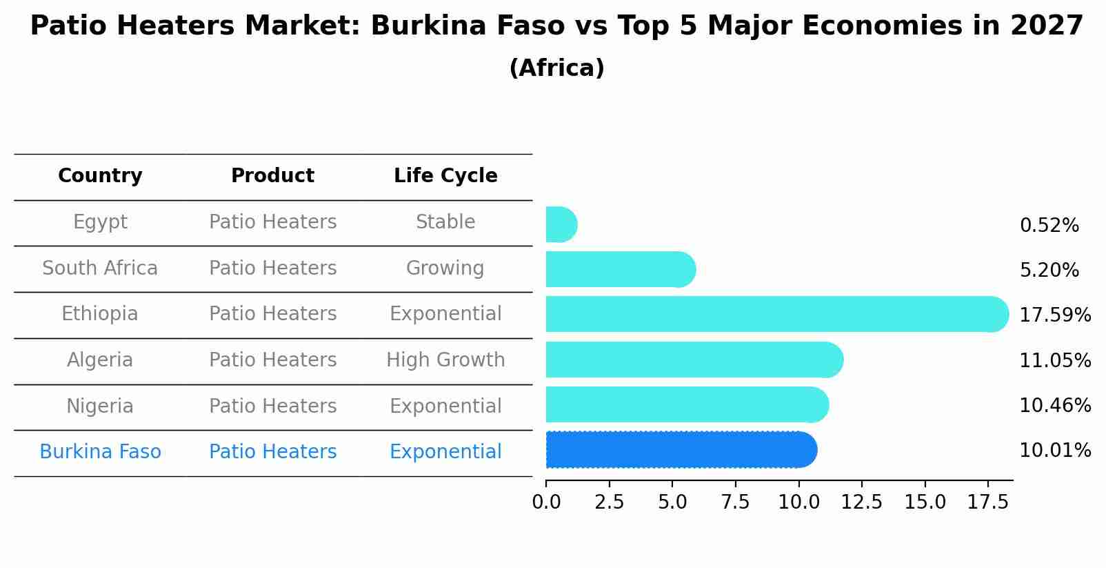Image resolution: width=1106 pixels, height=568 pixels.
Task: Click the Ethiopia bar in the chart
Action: click(x=772, y=314)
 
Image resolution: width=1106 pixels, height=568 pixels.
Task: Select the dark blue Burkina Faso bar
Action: click(x=679, y=450)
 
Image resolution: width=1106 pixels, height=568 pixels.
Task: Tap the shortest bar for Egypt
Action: click(x=561, y=224)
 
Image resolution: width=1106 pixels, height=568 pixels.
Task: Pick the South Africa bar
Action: click(x=619, y=269)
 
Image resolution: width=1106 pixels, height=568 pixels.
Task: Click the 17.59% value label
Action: click(x=1054, y=315)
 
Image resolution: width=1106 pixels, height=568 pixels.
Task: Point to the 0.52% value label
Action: click(x=1049, y=226)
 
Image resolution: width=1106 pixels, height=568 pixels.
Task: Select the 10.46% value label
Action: click(x=1054, y=405)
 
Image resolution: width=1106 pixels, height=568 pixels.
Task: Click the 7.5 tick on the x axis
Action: click(x=735, y=502)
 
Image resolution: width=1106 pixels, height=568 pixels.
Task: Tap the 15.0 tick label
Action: click(x=925, y=502)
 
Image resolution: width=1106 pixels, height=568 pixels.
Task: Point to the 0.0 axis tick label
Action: click(x=546, y=502)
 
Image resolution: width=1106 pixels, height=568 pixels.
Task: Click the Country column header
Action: click(x=100, y=176)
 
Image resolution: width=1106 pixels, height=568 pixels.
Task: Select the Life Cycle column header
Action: click(x=445, y=176)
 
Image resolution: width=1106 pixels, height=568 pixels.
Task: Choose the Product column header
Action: click(x=272, y=176)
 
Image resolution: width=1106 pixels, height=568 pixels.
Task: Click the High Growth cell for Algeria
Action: click(x=445, y=360)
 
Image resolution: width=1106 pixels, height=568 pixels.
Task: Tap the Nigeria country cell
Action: click(x=100, y=406)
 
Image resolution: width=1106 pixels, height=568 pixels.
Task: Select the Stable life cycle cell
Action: click(x=445, y=222)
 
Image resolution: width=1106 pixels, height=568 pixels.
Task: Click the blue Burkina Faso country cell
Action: click(x=100, y=452)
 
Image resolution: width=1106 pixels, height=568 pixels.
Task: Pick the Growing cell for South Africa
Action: click(x=445, y=268)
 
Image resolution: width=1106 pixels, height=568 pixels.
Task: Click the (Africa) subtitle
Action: click(x=556, y=68)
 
